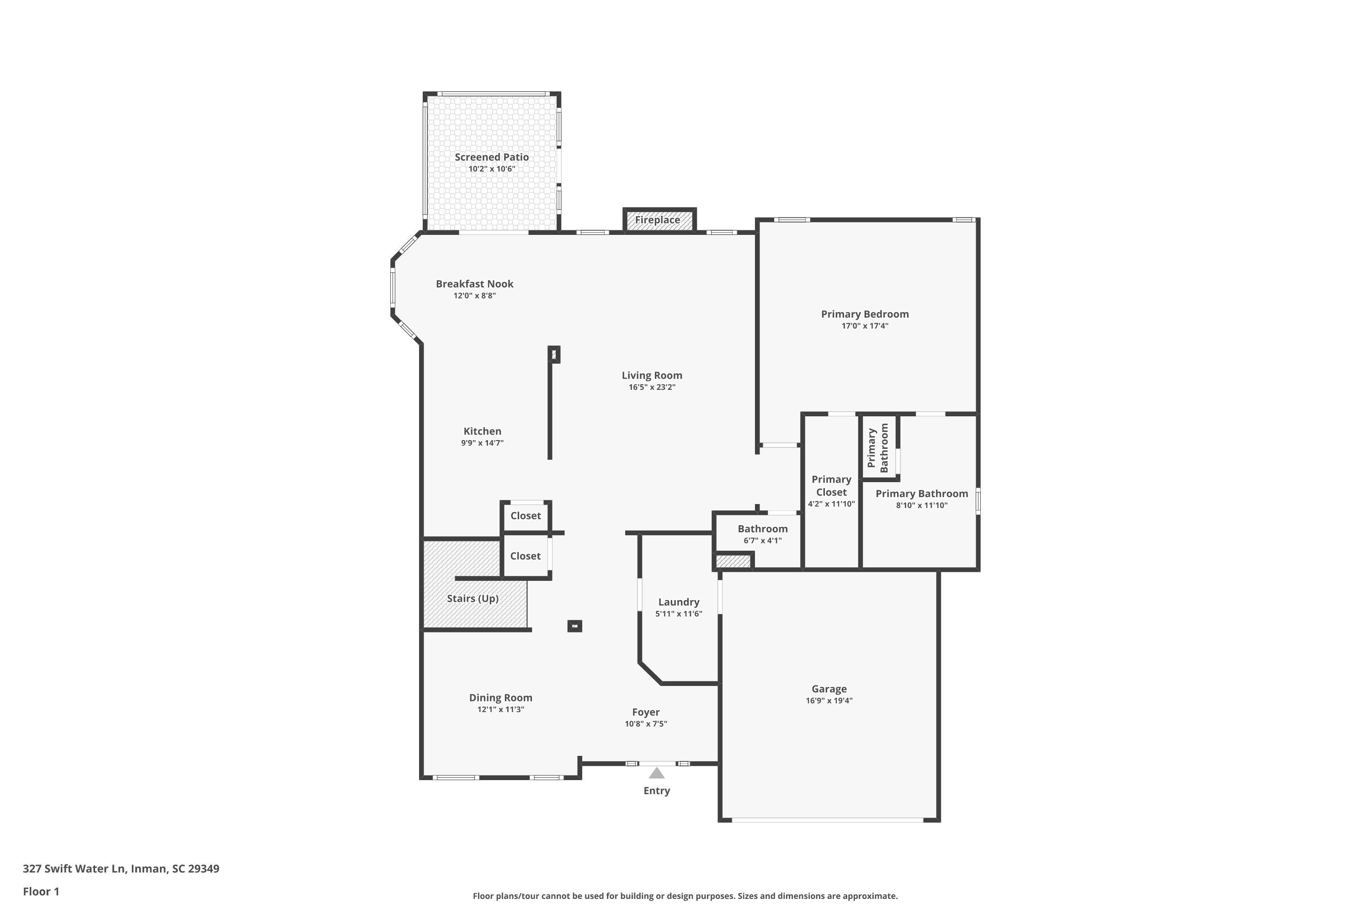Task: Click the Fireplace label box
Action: point(659,220)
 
